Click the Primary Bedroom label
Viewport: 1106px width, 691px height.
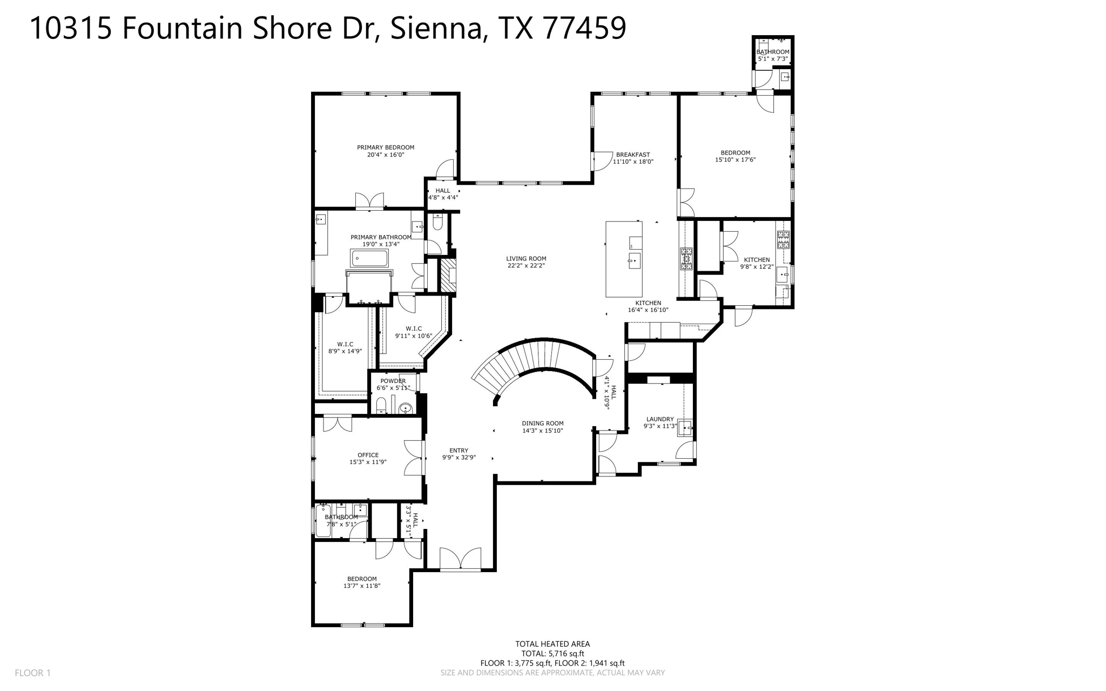(x=385, y=147)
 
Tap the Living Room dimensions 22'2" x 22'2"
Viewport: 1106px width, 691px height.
(x=526, y=266)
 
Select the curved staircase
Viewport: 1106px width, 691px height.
(x=535, y=357)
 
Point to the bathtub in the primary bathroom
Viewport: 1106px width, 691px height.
(x=370, y=258)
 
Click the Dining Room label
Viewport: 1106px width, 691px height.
(x=542, y=424)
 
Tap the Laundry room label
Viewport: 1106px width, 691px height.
(x=659, y=419)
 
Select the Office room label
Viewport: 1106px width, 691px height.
(x=368, y=455)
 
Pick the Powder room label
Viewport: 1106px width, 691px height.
(x=393, y=381)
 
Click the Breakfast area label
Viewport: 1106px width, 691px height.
(x=632, y=155)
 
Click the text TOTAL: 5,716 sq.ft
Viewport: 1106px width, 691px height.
(x=552, y=653)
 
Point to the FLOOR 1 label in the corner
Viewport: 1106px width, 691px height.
(x=32, y=673)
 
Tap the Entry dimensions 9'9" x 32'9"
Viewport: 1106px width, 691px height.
(x=458, y=458)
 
